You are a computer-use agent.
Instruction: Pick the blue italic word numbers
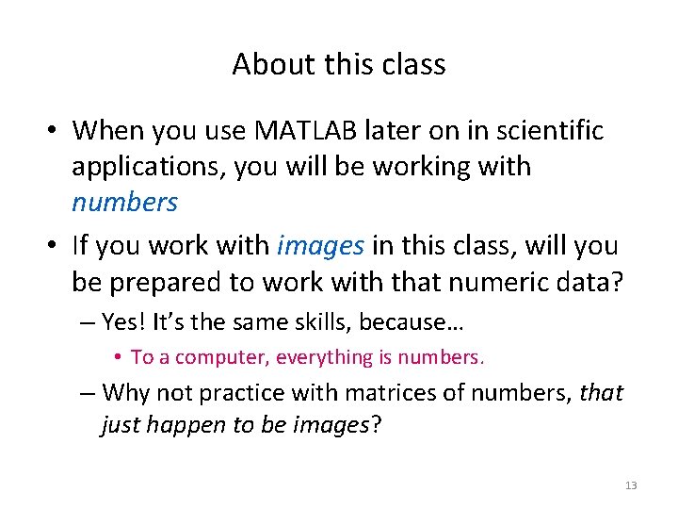[124, 203]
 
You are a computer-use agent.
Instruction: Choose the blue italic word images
[320, 246]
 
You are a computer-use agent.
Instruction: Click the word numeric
[511, 282]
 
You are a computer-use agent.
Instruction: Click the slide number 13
[631, 485]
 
